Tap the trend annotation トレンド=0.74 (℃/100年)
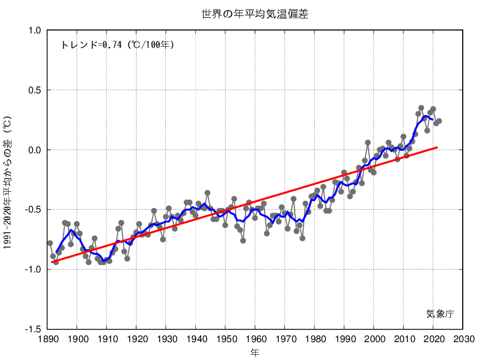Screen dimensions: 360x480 [117, 44]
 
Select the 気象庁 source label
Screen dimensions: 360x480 [440, 314]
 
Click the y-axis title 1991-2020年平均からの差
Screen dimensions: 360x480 [7, 181]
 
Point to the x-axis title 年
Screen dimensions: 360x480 [255, 351]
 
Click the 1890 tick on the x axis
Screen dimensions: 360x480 [47, 338]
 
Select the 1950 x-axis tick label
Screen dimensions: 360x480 [225, 338]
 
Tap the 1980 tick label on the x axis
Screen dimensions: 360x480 [315, 338]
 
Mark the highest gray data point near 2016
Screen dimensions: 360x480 [421, 108]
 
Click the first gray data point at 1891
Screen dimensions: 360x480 [50, 243]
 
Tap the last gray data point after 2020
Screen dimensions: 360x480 [439, 121]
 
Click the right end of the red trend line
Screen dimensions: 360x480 [437, 147]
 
